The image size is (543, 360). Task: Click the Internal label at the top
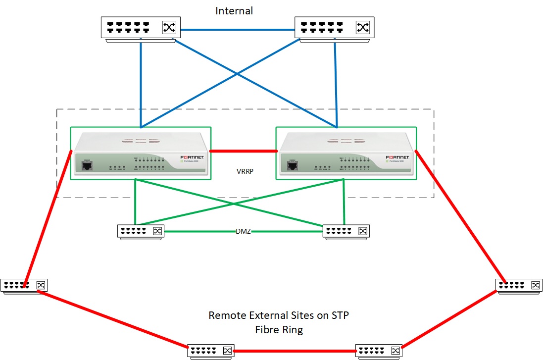(x=234, y=10)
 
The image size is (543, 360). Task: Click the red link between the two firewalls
(x=243, y=150)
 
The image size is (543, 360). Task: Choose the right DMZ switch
(x=346, y=232)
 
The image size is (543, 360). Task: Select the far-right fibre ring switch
(x=519, y=286)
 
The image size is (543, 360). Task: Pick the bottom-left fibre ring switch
(x=211, y=351)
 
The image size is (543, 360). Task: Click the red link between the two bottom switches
(x=295, y=351)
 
